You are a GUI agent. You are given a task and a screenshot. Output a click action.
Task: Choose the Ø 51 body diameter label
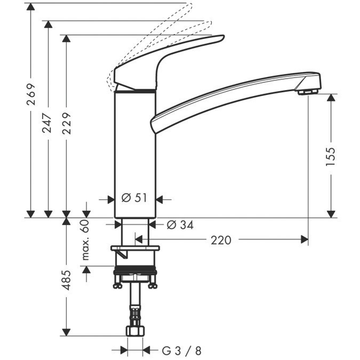134,199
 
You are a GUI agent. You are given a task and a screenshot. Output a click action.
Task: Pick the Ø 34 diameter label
179,225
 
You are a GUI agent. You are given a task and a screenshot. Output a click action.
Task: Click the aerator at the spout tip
307,91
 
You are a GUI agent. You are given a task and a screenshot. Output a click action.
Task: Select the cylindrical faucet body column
135,150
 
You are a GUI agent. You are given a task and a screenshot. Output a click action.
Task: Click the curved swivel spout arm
234,96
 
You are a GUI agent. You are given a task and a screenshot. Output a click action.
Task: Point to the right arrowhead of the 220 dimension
304,240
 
